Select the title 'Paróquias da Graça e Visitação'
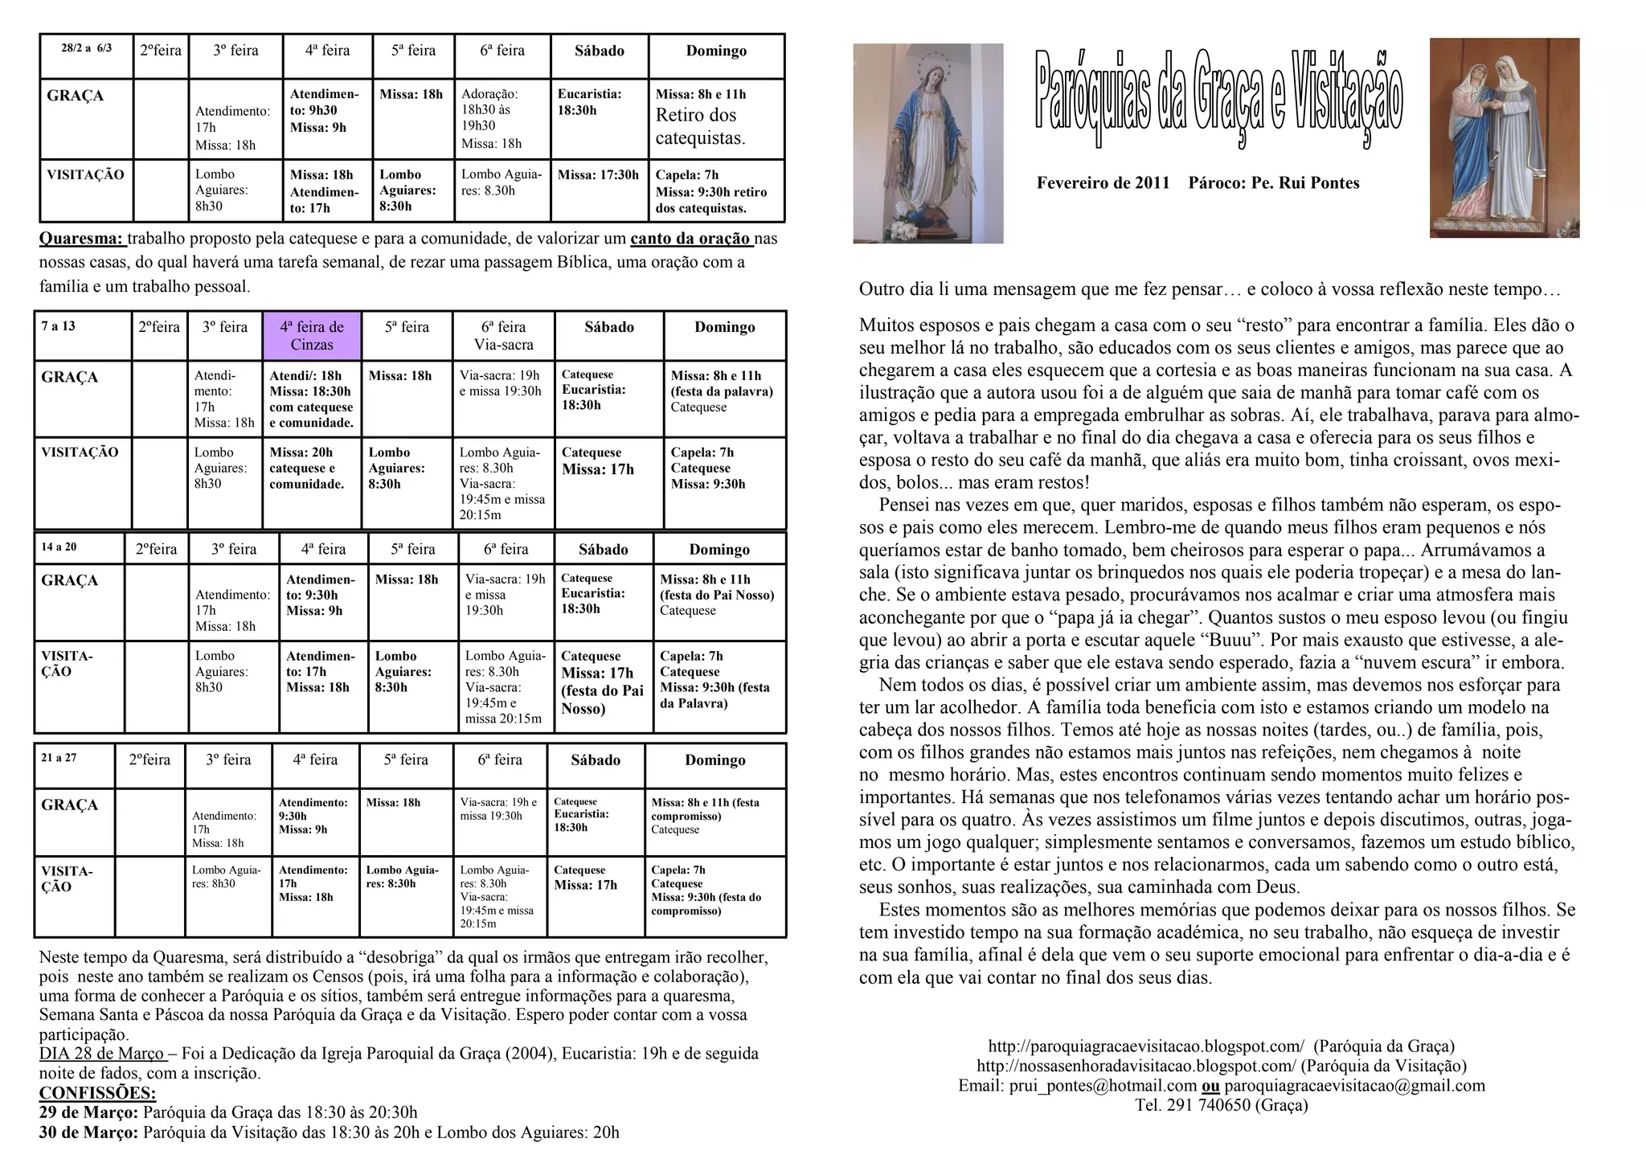[1218, 99]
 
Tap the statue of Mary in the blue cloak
[927, 143]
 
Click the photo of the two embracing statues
[1504, 137]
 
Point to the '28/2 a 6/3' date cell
[87, 48]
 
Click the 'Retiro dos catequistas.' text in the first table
[700, 127]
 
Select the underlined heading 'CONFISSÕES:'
[97, 1093]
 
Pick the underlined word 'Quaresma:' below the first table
[81, 239]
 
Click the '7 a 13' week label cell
[59, 326]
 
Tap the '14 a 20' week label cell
[59, 547]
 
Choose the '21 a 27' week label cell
[59, 758]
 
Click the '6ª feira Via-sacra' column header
[504, 336]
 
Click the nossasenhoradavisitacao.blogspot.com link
[1136, 1067]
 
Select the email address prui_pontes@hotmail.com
[1103, 1086]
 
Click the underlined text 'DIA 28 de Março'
[101, 1054]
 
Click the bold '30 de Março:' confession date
[88, 1132]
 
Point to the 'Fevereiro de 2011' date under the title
[1103, 183]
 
